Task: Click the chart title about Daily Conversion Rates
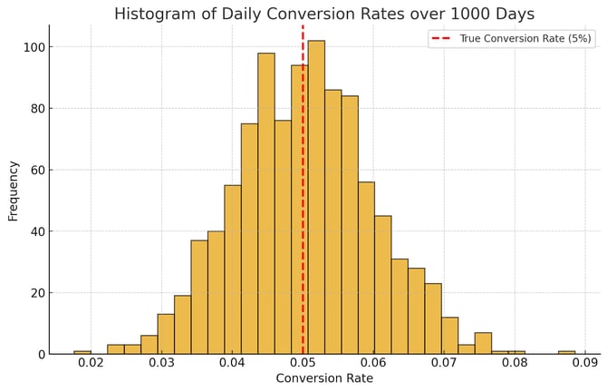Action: point(324,14)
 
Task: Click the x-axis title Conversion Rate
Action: point(324,379)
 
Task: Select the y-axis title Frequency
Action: point(14,191)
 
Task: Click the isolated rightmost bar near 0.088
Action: point(566,352)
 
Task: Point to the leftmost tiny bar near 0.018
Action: point(82,352)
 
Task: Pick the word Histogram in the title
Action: point(154,14)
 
